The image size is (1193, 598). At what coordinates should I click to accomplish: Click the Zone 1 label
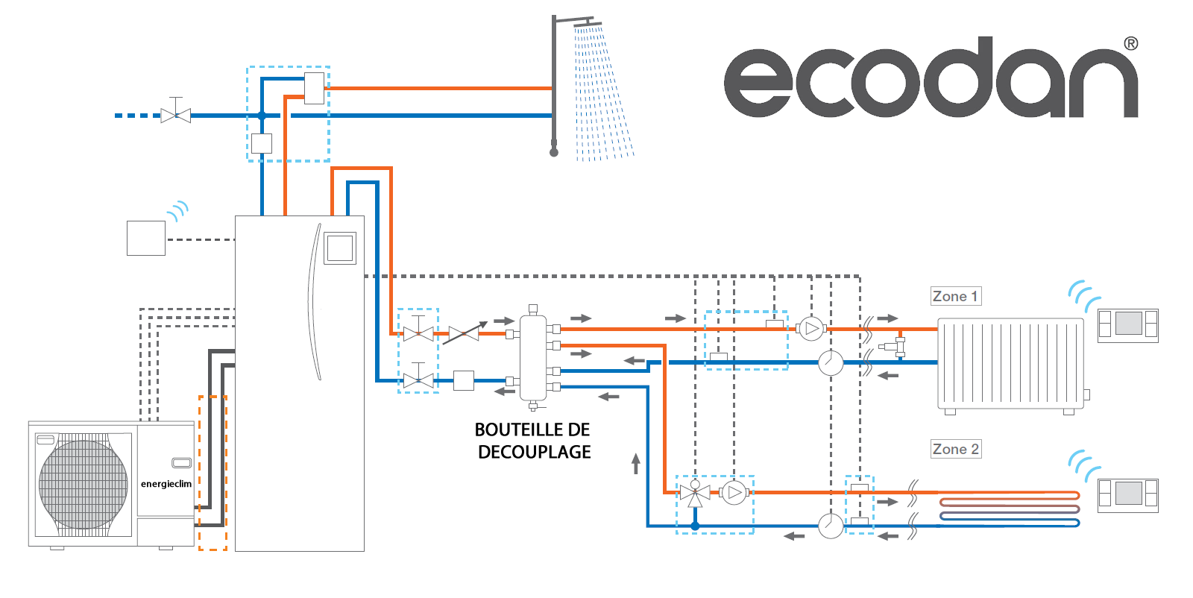coord(956,296)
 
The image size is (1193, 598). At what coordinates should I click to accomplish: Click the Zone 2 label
coord(956,449)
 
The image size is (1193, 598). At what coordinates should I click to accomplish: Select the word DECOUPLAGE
coord(534,452)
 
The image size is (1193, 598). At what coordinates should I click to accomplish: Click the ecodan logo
coord(931,78)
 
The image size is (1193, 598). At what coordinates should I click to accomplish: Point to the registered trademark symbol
coord(1131,44)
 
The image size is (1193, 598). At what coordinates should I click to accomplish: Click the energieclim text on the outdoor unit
coord(166,484)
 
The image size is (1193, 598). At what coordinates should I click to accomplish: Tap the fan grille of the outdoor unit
coord(83,484)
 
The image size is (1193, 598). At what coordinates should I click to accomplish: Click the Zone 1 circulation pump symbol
coord(811,329)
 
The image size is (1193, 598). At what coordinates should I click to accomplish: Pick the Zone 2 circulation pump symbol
coord(734,493)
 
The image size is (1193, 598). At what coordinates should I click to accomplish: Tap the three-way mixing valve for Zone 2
coord(695,493)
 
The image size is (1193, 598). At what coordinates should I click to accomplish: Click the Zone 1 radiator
coord(1010,365)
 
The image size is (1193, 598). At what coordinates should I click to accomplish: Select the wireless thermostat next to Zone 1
coord(1128,325)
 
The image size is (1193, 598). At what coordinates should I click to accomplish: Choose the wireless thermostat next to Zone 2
coord(1128,495)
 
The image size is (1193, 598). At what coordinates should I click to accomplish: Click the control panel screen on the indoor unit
coord(340,248)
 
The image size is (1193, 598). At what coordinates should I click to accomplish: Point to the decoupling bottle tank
coord(532,357)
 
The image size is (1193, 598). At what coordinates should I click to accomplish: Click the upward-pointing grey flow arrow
coord(635,463)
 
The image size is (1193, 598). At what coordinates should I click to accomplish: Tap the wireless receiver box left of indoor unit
coord(146,238)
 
